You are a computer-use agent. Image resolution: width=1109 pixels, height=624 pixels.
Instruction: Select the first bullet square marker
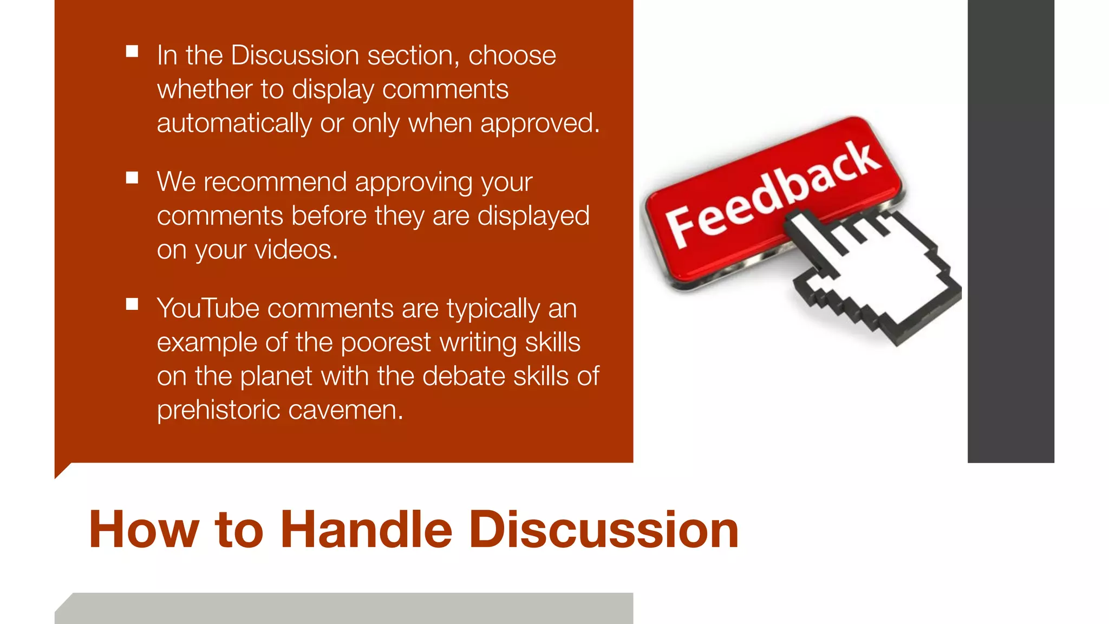pyautogui.click(x=132, y=51)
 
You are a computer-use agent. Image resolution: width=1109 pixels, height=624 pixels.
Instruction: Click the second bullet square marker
pyautogui.click(x=132, y=178)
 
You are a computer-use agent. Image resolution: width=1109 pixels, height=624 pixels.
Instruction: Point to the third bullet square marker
pyautogui.click(x=132, y=304)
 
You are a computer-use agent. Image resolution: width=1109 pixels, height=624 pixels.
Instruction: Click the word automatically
pyautogui.click(x=234, y=123)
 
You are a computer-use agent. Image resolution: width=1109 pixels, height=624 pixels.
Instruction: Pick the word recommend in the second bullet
pyautogui.click(x=275, y=182)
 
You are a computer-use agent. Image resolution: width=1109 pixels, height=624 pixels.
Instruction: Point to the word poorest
pyautogui.click(x=386, y=342)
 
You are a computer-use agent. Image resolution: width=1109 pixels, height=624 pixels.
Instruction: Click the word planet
pyautogui.click(x=276, y=376)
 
